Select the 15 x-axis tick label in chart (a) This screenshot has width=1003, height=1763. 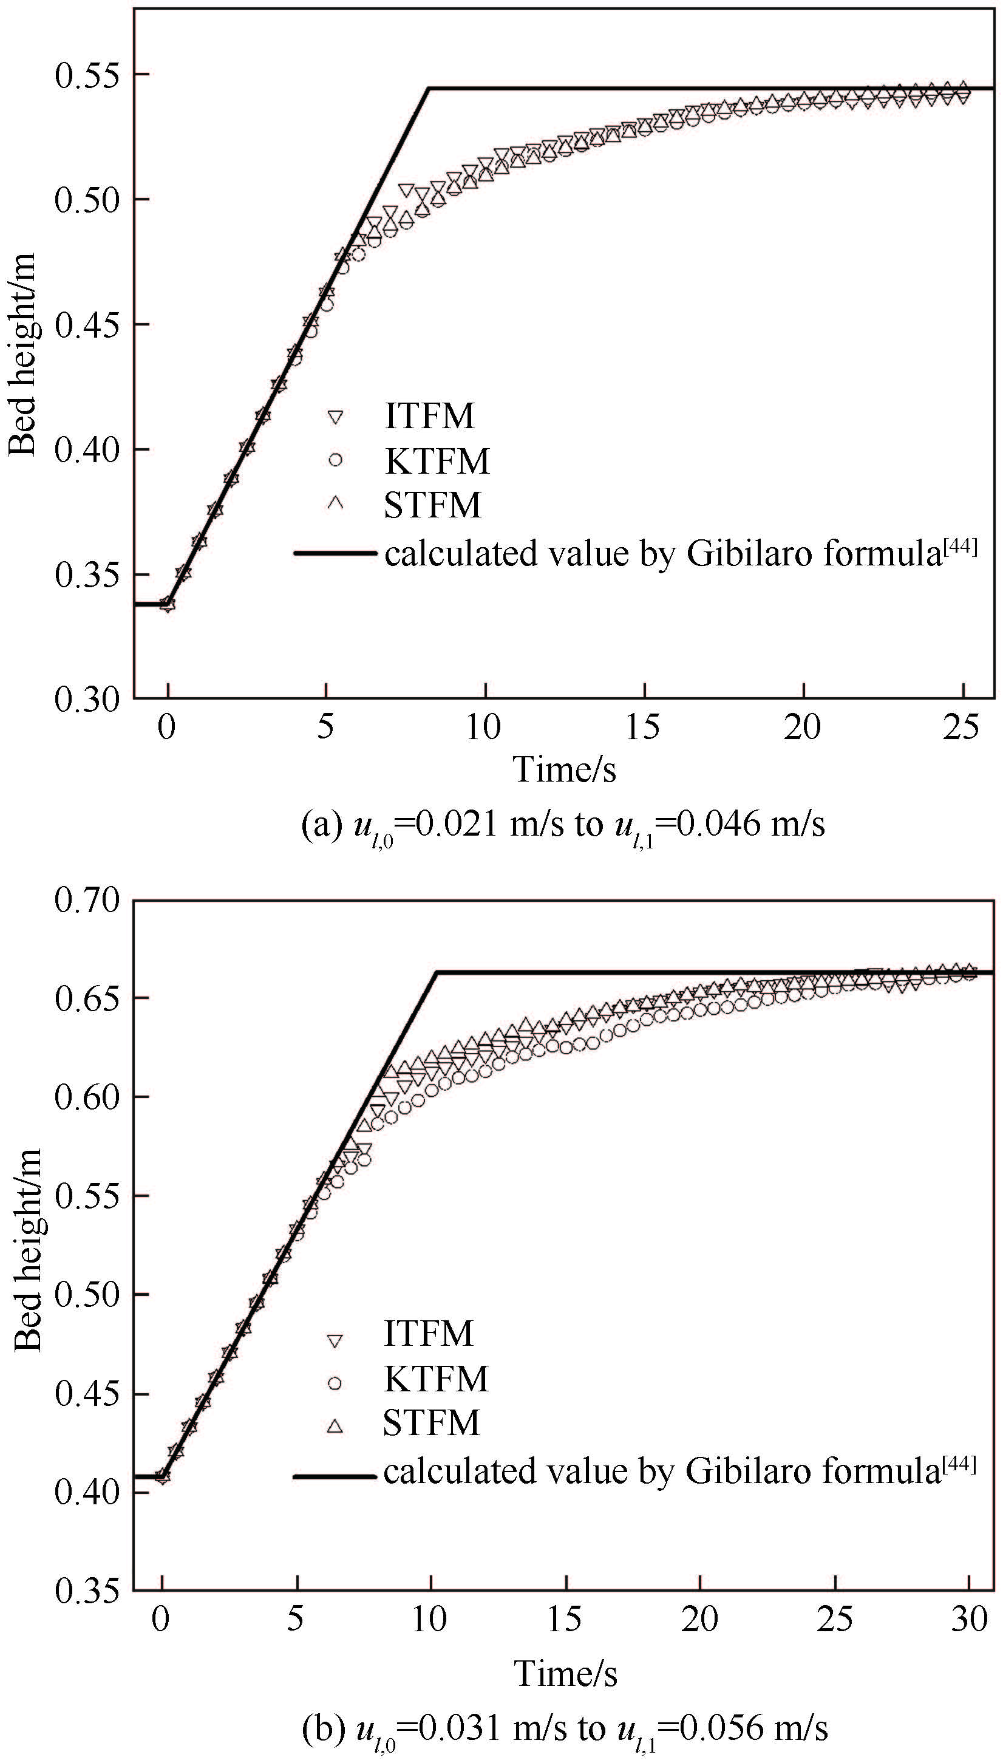tap(643, 727)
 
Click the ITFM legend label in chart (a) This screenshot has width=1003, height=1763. tap(430, 416)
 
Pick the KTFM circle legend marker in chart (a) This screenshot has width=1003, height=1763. tap(336, 460)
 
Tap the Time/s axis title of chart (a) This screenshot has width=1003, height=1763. tap(564, 769)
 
